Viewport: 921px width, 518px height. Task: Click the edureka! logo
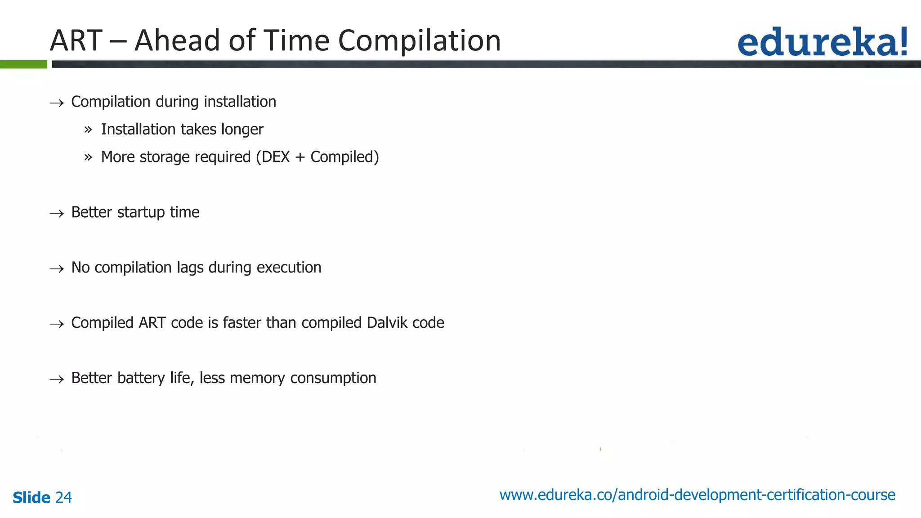[x=822, y=42]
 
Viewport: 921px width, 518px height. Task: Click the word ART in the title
[x=76, y=40]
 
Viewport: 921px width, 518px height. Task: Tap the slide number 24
[x=63, y=497]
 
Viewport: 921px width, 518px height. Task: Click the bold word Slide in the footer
[x=31, y=497]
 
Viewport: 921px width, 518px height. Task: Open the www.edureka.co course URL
[x=697, y=495]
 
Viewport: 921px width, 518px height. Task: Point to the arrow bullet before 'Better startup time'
[x=57, y=213]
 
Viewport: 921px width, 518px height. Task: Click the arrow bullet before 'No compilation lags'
[x=57, y=268]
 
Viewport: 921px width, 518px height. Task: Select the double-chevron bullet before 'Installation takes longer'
[x=88, y=130]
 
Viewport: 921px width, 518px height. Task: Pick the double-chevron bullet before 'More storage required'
[x=88, y=157]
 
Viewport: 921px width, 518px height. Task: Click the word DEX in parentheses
[x=276, y=157]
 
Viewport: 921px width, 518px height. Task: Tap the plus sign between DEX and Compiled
[x=300, y=157]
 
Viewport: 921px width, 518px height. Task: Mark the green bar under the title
[x=23, y=64]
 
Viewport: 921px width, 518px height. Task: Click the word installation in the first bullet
[x=240, y=102]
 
